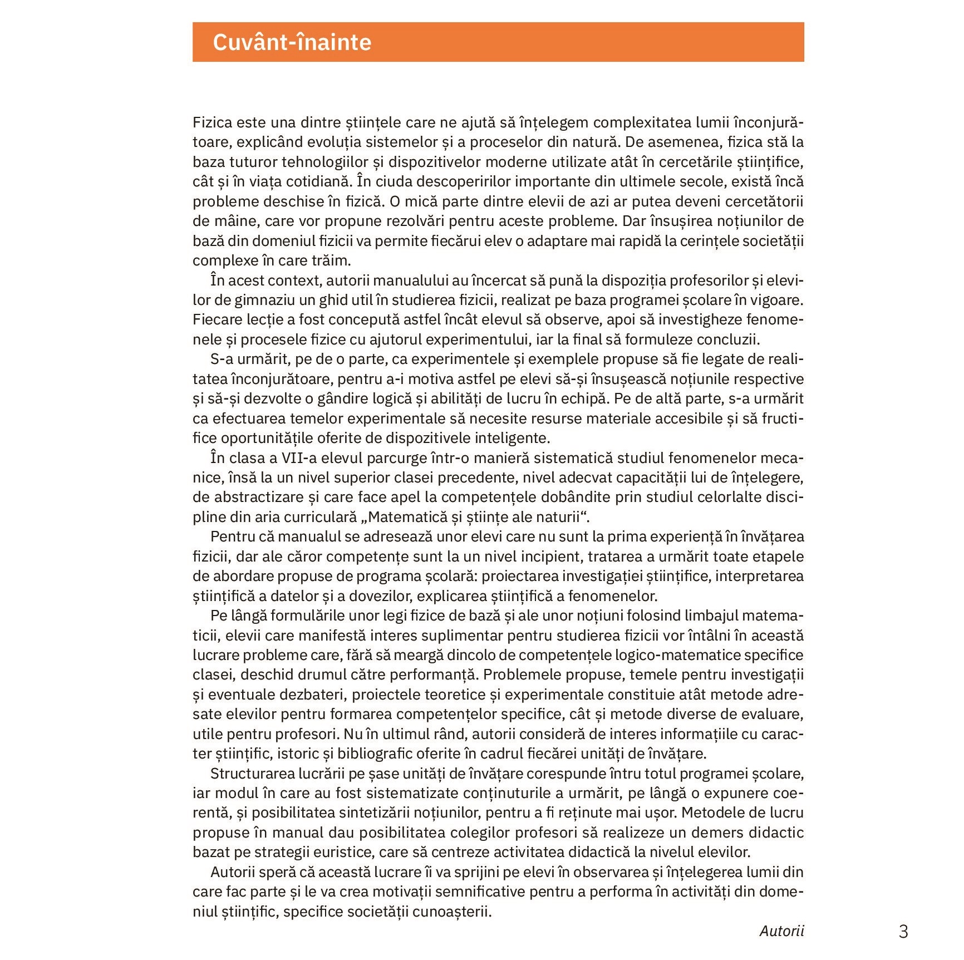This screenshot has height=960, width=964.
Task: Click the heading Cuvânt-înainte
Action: click(292, 42)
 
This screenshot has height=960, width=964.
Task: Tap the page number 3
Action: click(903, 932)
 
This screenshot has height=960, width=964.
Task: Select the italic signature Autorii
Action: click(781, 931)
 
